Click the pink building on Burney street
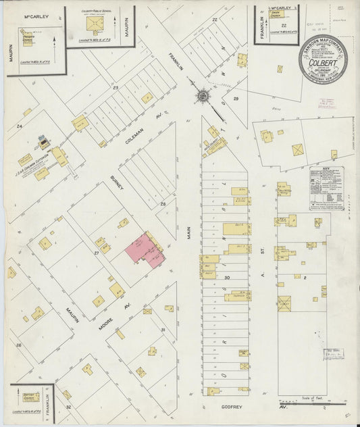click(x=144, y=251)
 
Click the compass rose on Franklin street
click(x=201, y=97)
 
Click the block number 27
click(x=97, y=252)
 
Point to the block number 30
click(x=227, y=278)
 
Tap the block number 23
click(x=115, y=87)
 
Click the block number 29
click(x=236, y=99)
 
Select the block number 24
click(x=20, y=126)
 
